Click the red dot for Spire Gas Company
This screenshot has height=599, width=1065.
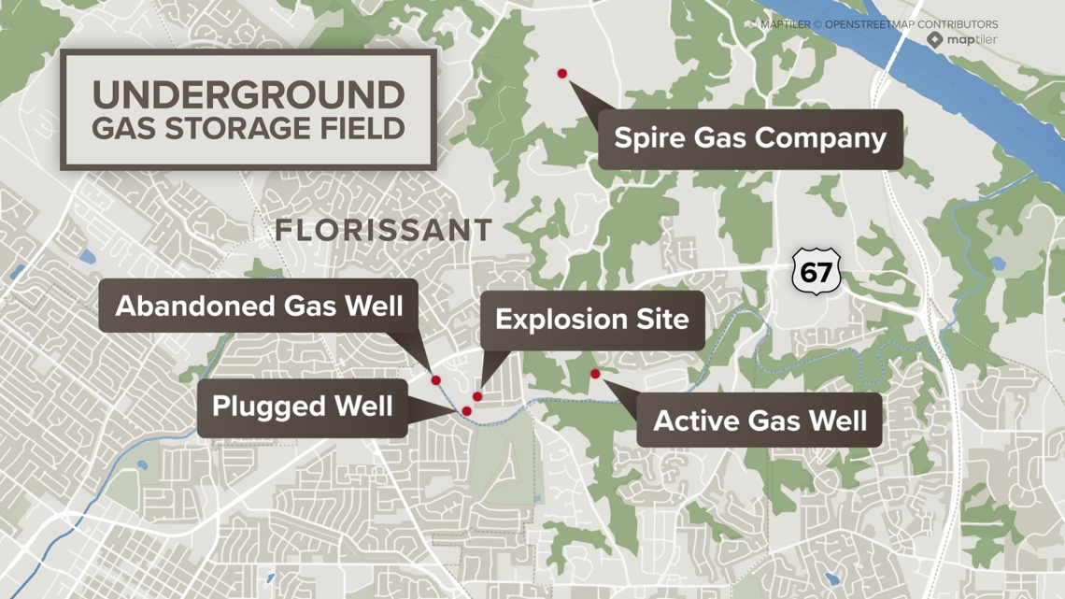pyautogui.click(x=562, y=74)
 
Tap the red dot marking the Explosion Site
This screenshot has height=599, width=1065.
pyautogui.click(x=477, y=397)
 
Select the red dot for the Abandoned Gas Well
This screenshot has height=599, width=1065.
pyautogui.click(x=436, y=381)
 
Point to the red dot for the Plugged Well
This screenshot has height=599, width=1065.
pyautogui.click(x=467, y=411)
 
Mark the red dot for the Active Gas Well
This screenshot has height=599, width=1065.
pyautogui.click(x=595, y=375)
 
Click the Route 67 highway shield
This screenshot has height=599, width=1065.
pyautogui.click(x=816, y=272)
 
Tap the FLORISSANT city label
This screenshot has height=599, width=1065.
pyautogui.click(x=384, y=231)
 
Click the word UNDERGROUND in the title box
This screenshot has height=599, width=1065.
pyautogui.click(x=248, y=95)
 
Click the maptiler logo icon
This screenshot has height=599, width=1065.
pyautogui.click(x=934, y=39)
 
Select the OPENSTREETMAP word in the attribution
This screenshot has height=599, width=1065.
pyautogui.click(x=871, y=24)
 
